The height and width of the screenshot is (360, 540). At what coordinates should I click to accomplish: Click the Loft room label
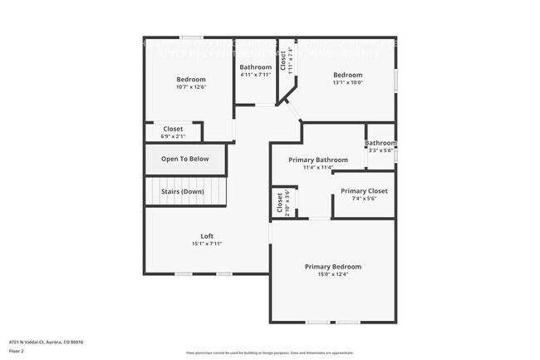(x=207, y=236)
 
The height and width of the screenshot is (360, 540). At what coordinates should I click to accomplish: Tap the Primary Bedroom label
(x=332, y=267)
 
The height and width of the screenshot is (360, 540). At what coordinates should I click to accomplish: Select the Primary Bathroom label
(x=318, y=160)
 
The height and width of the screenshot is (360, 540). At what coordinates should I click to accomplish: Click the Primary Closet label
(x=364, y=191)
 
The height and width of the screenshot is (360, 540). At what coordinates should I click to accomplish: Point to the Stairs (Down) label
(x=183, y=192)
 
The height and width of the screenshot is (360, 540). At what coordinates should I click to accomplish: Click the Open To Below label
(x=185, y=159)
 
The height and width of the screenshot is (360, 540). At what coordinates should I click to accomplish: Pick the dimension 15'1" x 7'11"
(x=207, y=244)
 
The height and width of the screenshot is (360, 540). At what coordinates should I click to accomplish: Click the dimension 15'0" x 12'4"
(x=332, y=274)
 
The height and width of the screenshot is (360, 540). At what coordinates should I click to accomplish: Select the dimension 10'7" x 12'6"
(x=190, y=87)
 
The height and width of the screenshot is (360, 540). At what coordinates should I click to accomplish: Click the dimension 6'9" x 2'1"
(x=173, y=136)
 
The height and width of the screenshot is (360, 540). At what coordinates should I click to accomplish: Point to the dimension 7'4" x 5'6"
(x=364, y=199)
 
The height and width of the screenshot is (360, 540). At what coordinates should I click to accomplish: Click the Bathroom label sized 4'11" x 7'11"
(x=255, y=67)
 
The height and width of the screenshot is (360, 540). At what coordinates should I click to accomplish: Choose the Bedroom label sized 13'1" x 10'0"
(x=347, y=75)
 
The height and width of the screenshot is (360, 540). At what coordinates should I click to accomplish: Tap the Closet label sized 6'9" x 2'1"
(x=173, y=129)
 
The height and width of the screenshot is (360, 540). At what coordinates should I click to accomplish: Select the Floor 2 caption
(x=17, y=350)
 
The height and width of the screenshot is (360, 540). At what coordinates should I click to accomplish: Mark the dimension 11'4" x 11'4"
(x=318, y=167)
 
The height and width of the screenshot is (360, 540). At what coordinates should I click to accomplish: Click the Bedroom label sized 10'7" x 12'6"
(x=190, y=79)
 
